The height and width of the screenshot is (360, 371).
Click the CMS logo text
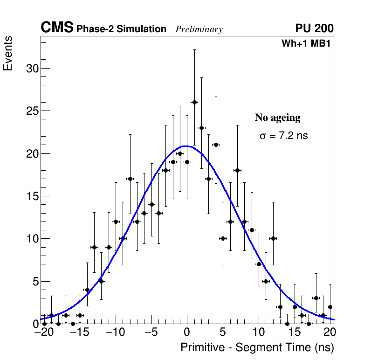(x=57, y=28)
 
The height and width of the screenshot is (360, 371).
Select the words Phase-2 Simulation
(x=121, y=29)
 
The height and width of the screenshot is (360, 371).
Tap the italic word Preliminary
(x=199, y=29)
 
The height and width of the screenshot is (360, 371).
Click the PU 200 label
(x=314, y=28)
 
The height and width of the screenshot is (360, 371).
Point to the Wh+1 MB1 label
(x=306, y=44)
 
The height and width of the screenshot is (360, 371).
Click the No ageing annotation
(x=277, y=118)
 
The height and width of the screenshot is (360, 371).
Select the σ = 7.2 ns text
(x=283, y=136)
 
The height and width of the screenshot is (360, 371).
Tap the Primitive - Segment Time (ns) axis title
(x=257, y=347)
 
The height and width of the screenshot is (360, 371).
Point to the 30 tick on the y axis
(x=31, y=69)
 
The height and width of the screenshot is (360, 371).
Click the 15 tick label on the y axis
(x=31, y=196)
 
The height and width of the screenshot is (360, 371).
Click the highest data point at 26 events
(x=194, y=102)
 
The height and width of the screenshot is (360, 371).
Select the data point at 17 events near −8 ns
(x=130, y=179)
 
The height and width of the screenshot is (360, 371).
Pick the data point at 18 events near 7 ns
(x=237, y=170)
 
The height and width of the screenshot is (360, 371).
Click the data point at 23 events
(x=201, y=128)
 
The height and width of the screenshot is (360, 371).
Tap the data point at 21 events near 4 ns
(x=216, y=145)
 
